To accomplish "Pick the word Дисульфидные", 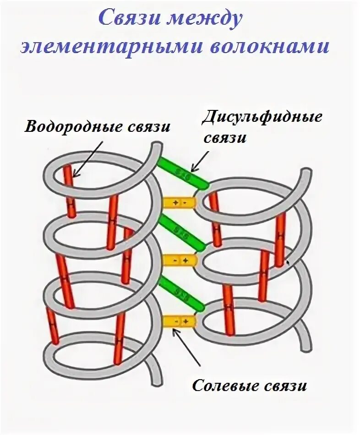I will [262, 117].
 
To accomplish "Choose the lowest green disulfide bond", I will [182, 292].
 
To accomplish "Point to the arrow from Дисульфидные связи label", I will [201, 160].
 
